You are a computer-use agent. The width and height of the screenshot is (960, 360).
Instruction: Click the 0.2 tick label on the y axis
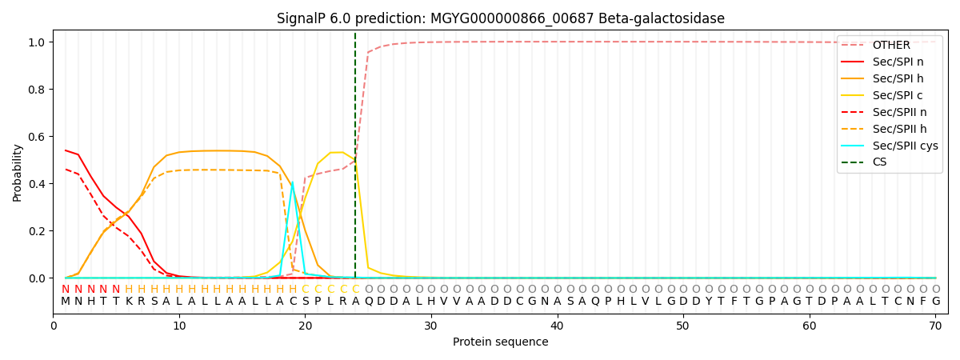(37, 231)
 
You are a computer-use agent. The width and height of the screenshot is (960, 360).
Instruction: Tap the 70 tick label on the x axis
(935, 326)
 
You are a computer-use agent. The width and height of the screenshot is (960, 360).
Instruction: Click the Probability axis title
(17, 173)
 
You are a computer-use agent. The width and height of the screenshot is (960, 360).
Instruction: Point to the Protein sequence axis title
(501, 342)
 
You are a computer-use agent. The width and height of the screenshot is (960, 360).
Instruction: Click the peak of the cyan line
(292, 182)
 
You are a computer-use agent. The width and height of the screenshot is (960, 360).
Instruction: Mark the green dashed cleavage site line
(355, 155)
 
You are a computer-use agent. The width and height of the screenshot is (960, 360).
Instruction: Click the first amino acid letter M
(66, 302)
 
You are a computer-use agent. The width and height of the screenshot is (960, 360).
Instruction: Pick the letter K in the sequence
(129, 302)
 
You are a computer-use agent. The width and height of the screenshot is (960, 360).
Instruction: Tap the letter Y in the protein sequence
(709, 302)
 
